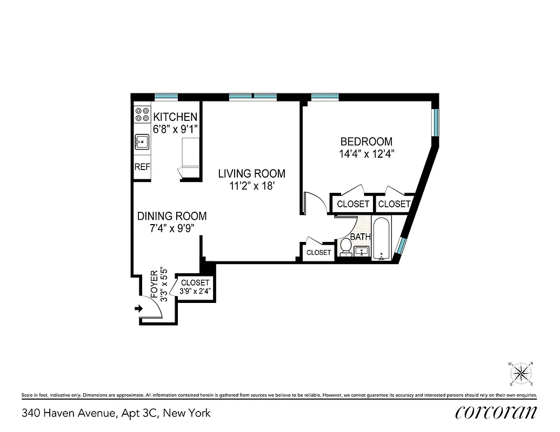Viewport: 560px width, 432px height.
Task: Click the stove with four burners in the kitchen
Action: (142, 114)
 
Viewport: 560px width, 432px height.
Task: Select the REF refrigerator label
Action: (142, 167)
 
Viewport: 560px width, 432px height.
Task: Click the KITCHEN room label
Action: (175, 117)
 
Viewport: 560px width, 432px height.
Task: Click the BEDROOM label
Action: (366, 141)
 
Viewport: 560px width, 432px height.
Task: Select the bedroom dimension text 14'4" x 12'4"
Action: (366, 154)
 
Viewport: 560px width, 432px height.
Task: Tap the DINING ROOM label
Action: (171, 216)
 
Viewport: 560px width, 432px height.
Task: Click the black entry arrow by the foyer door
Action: (138, 308)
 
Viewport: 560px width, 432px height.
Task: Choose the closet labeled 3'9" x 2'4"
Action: (195, 287)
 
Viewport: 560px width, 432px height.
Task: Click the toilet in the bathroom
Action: (345, 248)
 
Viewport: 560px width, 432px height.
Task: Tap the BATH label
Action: (360, 237)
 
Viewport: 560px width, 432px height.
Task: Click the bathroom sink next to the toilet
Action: (361, 251)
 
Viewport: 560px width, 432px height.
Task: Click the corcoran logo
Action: (496, 413)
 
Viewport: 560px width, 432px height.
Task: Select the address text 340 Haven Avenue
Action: (69, 414)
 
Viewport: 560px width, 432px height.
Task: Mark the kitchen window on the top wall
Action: (166, 97)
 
